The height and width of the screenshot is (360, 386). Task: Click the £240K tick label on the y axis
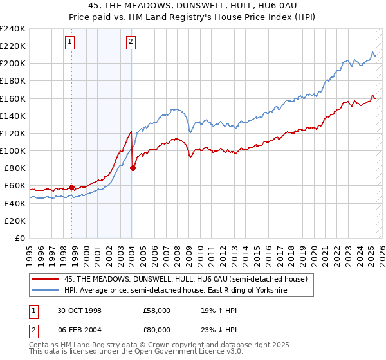(13, 29)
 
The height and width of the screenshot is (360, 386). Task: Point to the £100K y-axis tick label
(13, 150)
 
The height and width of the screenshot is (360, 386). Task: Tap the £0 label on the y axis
(21, 238)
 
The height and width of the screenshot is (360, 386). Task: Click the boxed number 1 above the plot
(69, 42)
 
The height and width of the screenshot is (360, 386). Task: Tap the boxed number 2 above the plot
(131, 42)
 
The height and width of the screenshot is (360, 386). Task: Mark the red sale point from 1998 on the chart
(72, 187)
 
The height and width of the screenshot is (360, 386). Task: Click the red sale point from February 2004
(133, 168)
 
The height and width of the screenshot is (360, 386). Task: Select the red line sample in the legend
(46, 279)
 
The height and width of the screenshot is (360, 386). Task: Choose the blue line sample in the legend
(46, 290)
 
